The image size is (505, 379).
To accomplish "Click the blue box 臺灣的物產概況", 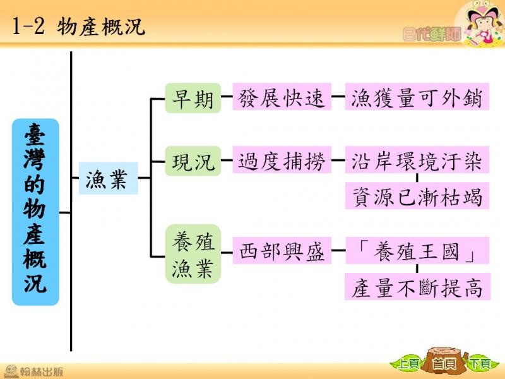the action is pyautogui.click(x=35, y=212).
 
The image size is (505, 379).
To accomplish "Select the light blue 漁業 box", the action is pyautogui.click(x=108, y=178).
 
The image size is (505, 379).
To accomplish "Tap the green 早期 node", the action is pyautogui.click(x=193, y=98).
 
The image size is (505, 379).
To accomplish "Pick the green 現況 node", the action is pyautogui.click(x=193, y=161).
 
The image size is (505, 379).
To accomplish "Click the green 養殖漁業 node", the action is pyautogui.click(x=193, y=254).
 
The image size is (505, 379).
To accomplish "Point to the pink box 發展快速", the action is pyautogui.click(x=282, y=97).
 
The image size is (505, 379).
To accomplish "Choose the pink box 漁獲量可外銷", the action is pyautogui.click(x=417, y=97).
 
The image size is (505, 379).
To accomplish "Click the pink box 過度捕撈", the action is pyautogui.click(x=282, y=160).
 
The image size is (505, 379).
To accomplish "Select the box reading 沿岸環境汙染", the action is pyautogui.click(x=417, y=160).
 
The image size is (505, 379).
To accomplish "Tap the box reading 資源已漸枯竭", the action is pyautogui.click(x=417, y=196).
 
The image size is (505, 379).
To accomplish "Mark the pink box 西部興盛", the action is pyautogui.click(x=282, y=250).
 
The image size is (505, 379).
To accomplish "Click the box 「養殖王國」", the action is pyautogui.click(x=417, y=250).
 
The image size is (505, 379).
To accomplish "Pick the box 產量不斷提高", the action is pyautogui.click(x=417, y=287).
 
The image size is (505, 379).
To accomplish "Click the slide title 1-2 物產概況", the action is pyautogui.click(x=78, y=27).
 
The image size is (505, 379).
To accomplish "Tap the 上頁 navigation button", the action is pyautogui.click(x=407, y=364).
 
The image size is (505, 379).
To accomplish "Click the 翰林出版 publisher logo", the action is pyautogui.click(x=34, y=371).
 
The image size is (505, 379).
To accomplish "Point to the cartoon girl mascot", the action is pyautogui.click(x=480, y=24).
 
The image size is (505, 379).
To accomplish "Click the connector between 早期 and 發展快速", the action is pyautogui.click(x=227, y=97).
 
